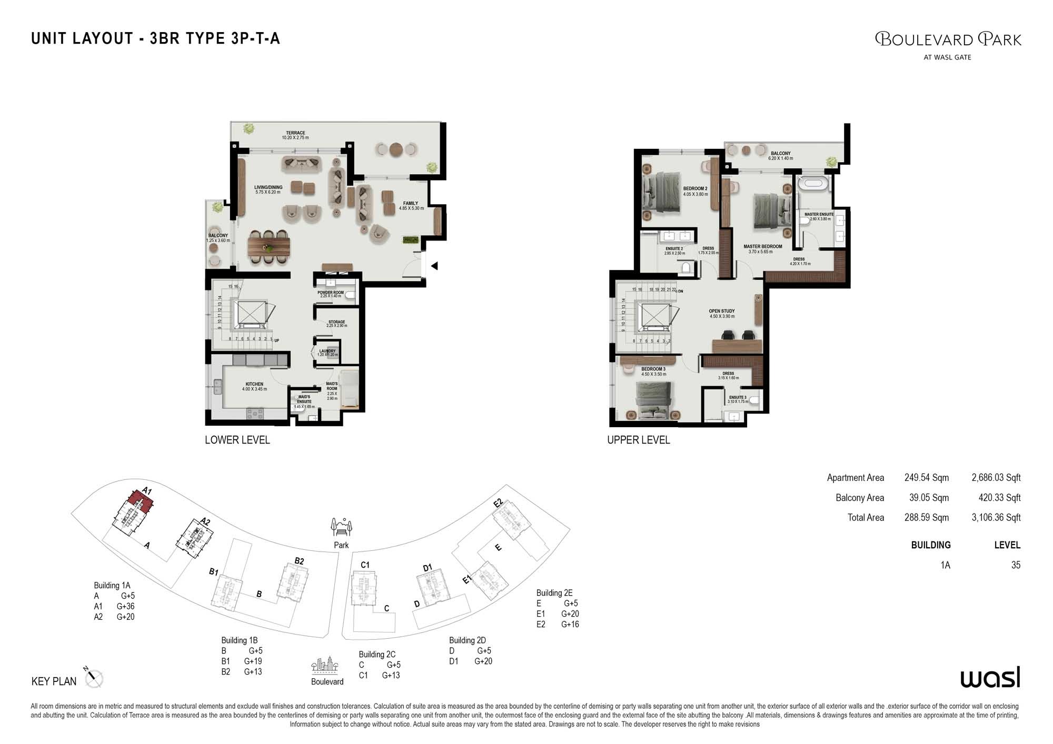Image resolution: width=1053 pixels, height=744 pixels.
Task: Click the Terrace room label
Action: [295, 135]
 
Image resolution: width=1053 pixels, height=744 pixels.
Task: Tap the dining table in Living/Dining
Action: [269, 246]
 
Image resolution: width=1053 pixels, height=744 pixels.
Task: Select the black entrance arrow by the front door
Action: [434, 266]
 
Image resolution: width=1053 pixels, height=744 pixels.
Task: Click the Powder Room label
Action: [330, 294]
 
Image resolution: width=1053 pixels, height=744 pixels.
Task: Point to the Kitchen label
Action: [254, 386]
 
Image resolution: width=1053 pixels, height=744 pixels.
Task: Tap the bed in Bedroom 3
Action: [653, 401]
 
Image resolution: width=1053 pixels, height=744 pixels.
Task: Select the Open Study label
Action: [721, 314]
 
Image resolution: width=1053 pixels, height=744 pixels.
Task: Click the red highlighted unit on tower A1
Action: [141, 500]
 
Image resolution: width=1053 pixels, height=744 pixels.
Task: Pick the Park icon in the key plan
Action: [341, 527]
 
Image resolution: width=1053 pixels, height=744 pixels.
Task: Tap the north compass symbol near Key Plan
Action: [94, 678]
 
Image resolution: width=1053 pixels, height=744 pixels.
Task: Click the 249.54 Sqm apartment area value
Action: [926, 478]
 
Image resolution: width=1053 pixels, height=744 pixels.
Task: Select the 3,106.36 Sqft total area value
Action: [996, 518]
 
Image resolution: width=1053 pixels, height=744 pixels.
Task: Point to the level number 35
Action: [1015, 565]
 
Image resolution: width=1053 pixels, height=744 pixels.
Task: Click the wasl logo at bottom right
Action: [990, 678]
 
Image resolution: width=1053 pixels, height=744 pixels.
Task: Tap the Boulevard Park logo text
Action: [948, 39]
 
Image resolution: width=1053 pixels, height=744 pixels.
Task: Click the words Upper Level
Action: [638, 440]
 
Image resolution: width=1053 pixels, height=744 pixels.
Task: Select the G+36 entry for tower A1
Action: [125, 606]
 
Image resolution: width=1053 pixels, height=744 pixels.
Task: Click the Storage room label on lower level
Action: [336, 324]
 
